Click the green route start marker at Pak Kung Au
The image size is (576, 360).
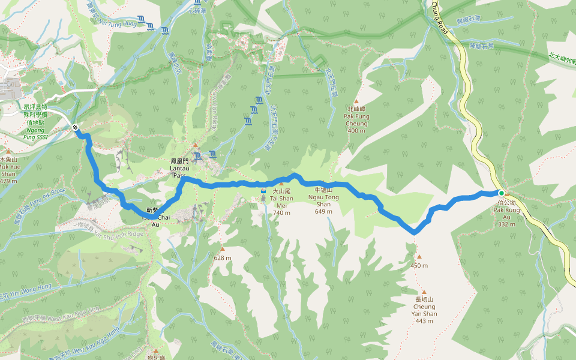pyautogui.click(x=502, y=193)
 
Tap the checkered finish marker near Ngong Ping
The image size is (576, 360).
pyautogui.click(x=76, y=127)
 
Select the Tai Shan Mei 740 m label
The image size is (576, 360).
pyautogui.click(x=282, y=202)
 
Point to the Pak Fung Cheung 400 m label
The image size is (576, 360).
pyautogui.click(x=356, y=119)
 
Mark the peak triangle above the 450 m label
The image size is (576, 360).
pyautogui.click(x=419, y=257)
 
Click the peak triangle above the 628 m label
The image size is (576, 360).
pyautogui.click(x=223, y=249)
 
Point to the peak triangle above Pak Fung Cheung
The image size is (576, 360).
pyautogui.click(x=356, y=102)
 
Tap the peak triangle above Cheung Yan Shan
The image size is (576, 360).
pyautogui.click(x=424, y=292)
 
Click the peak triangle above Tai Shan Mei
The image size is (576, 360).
pyautogui.click(x=281, y=184)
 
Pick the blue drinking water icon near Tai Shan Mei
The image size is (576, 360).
pyautogui.click(x=263, y=191)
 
